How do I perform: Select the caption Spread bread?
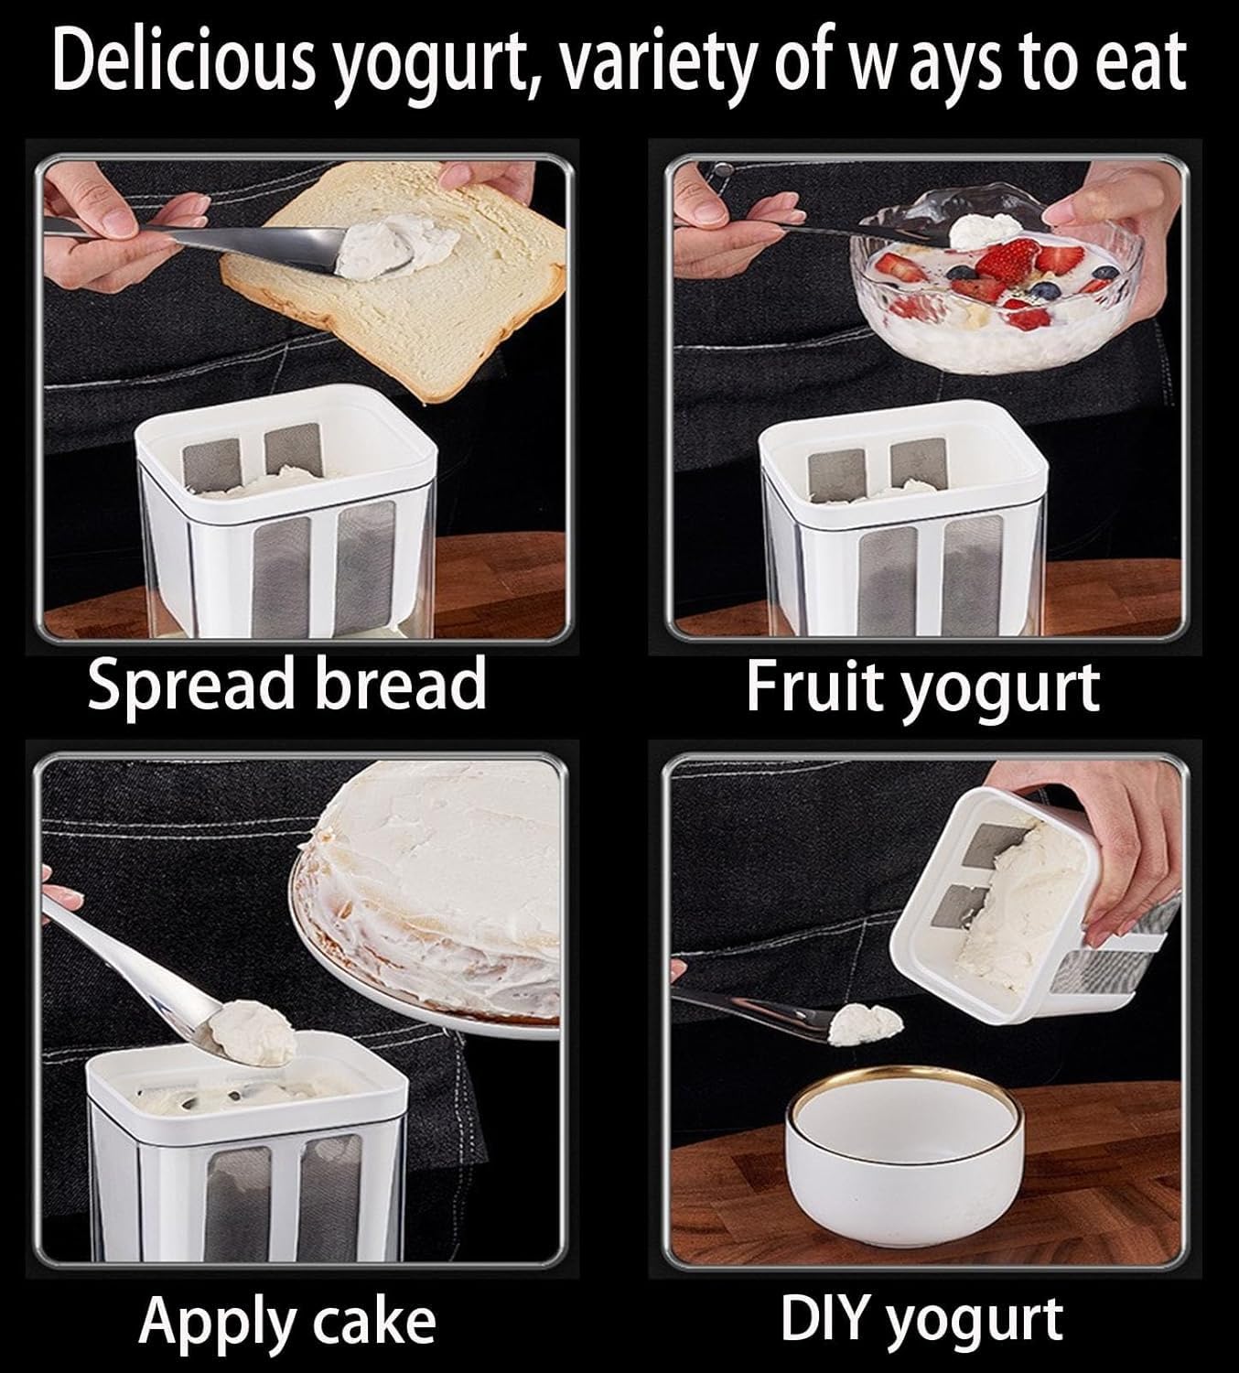point(286,684)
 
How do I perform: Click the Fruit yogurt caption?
point(922,687)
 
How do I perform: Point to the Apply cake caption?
point(286,1323)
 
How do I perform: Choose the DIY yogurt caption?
point(922,1320)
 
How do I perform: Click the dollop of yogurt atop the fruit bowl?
point(985,231)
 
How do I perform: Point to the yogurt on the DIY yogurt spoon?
point(866,1024)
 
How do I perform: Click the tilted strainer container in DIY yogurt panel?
point(1034,907)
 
